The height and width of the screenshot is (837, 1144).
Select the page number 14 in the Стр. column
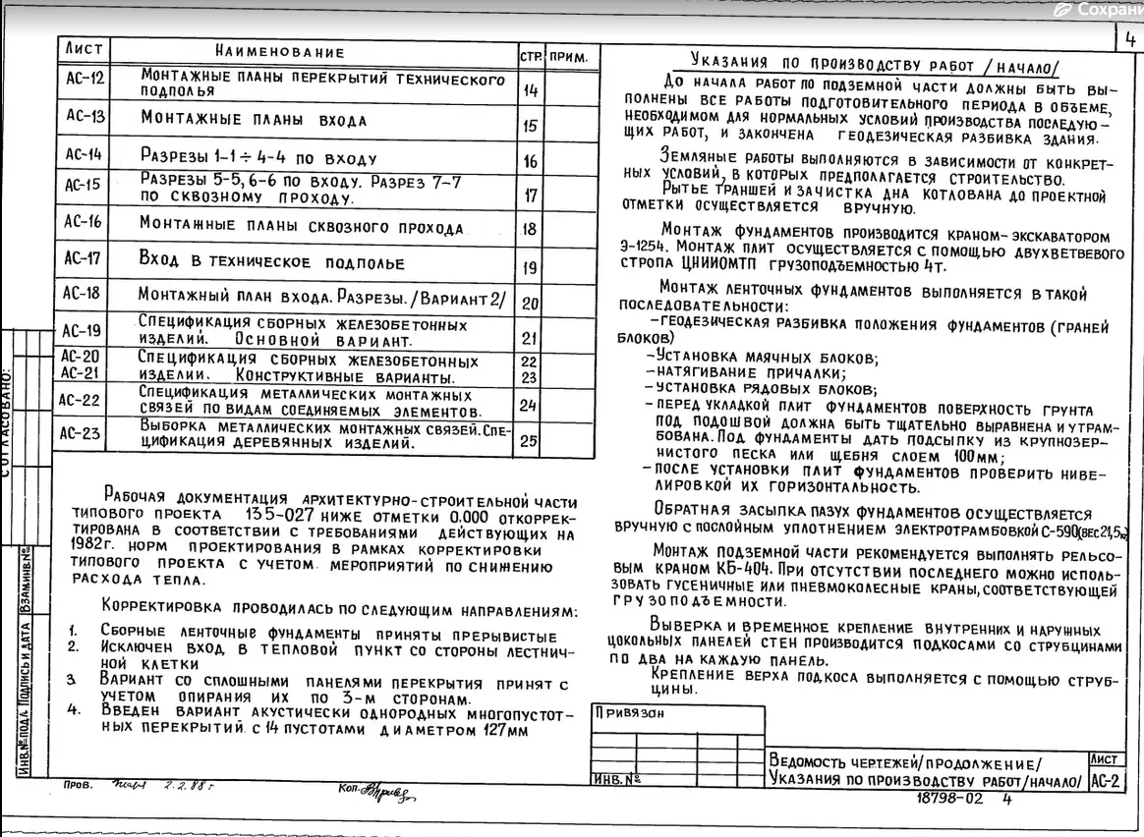pyautogui.click(x=530, y=91)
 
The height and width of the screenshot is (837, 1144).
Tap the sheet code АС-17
pyautogui.click(x=83, y=259)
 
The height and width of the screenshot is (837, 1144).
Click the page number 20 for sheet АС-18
pyautogui.click(x=530, y=304)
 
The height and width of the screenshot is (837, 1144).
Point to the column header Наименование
pyautogui.click(x=280, y=52)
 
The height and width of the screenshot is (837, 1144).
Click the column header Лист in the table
pyautogui.click(x=84, y=49)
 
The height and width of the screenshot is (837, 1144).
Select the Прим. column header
pyautogui.click(x=569, y=58)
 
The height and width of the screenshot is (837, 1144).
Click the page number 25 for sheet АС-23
pyautogui.click(x=529, y=440)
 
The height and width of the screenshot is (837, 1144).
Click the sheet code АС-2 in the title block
pyautogui.click(x=1106, y=781)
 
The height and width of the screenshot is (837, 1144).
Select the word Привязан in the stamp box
pyautogui.click(x=629, y=714)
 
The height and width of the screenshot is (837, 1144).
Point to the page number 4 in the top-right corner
pyautogui.click(x=1130, y=40)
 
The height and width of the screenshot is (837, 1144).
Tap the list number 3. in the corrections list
pyautogui.click(x=72, y=680)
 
